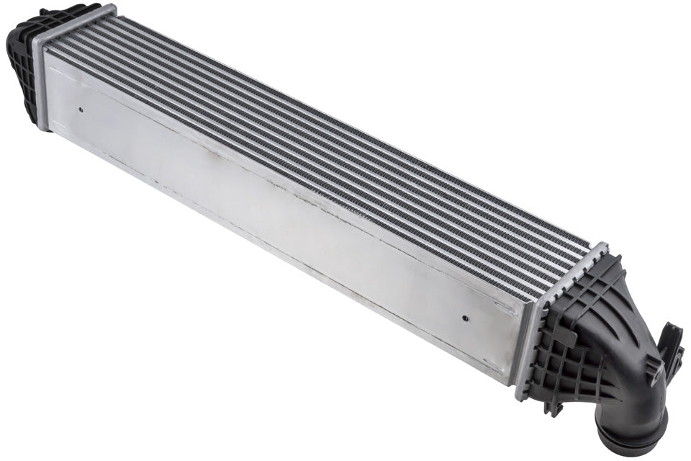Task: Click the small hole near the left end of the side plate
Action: pyautogui.click(x=81, y=110)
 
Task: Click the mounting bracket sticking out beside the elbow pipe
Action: pyautogui.click(x=671, y=346)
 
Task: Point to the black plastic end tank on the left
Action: pyautogui.click(x=22, y=65)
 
